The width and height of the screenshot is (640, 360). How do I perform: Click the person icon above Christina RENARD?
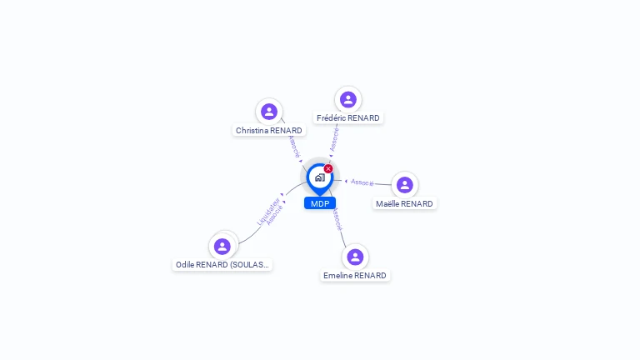tap(268, 111)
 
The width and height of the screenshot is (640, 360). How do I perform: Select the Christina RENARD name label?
tap(268, 130)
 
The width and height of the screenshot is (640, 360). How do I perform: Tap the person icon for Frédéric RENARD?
tap(348, 99)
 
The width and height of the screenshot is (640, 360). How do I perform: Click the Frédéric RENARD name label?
tap(348, 118)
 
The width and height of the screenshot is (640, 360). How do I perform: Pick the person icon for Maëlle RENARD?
tap(404, 184)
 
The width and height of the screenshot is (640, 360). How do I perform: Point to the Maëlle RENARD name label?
tap(404, 204)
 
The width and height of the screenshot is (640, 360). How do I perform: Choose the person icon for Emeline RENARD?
tap(355, 257)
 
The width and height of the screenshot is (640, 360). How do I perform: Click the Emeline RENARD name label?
tap(355, 276)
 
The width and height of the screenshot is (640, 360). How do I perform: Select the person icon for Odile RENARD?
tap(222, 246)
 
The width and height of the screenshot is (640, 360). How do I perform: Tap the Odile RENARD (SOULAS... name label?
tap(222, 265)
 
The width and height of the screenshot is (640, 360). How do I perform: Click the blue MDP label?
tap(320, 203)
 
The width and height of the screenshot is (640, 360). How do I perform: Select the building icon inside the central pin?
tap(319, 177)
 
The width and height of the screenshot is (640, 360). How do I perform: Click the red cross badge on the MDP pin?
tap(328, 169)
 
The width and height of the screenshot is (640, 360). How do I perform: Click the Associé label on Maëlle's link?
tap(362, 182)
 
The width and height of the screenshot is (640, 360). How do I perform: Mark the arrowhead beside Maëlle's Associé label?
tap(347, 180)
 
